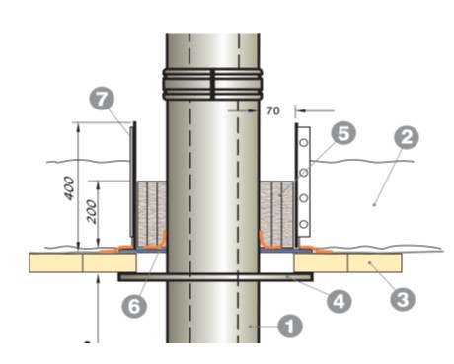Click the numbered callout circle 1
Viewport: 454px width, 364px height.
pyautogui.click(x=290, y=327)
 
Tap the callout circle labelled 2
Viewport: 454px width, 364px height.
pyautogui.click(x=407, y=137)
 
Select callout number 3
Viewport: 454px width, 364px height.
pyautogui.click(x=403, y=299)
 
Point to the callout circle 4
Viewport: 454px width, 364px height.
pyautogui.click(x=339, y=301)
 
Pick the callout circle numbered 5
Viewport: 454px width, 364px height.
pyautogui.click(x=343, y=133)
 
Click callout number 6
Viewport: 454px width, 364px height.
pyautogui.click(x=134, y=306)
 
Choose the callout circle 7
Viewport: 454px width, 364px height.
pyautogui.click(x=102, y=99)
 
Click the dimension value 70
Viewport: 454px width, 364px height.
pyautogui.click(x=273, y=110)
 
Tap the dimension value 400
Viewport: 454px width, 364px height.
pyautogui.click(x=69, y=187)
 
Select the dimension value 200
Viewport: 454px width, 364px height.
pyautogui.click(x=92, y=211)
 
